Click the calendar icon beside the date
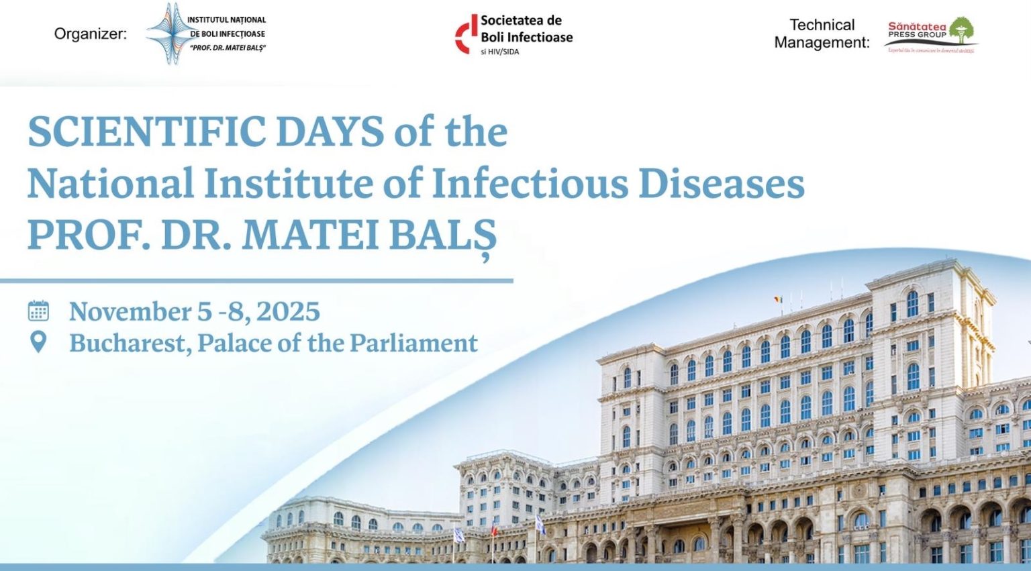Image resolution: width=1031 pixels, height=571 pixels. [x=38, y=311]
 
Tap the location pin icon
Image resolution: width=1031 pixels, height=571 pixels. [x=39, y=342]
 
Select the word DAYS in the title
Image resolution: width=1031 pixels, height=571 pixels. [x=330, y=132]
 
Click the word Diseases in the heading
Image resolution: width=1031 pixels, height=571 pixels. [x=721, y=183]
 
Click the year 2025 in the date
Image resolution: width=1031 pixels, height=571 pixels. [x=288, y=311]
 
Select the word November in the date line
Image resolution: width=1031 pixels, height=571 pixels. [x=130, y=311]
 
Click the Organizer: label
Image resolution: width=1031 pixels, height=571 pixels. [x=91, y=34]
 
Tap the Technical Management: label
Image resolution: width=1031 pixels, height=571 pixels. [x=822, y=34]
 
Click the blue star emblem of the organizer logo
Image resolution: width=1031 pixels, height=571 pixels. [x=166, y=34]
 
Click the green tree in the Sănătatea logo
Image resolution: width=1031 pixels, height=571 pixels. [x=961, y=30]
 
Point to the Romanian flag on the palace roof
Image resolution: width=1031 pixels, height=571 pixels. [x=779, y=299]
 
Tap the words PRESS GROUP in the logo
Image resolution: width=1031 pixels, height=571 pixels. [x=917, y=35]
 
